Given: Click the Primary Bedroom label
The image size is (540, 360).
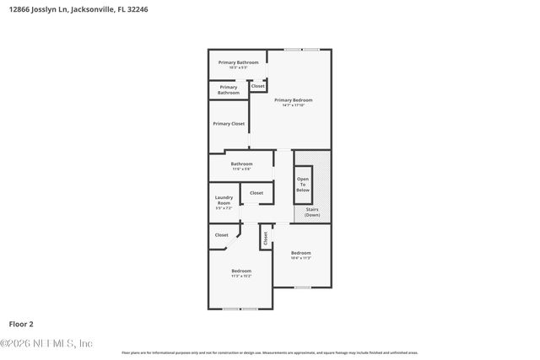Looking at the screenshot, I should [293, 99].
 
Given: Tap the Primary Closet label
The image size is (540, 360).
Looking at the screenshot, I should [229, 124].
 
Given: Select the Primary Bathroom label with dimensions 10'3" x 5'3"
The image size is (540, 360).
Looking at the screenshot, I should [239, 62].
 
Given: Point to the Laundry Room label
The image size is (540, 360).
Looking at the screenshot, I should [224, 200].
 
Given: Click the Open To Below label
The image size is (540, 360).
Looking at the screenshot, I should [302, 185].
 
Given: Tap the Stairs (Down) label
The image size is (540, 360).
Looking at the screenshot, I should [312, 212].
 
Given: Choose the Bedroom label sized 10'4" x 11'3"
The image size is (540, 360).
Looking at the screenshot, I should [301, 253].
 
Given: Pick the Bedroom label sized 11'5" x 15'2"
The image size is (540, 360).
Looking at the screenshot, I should [241, 271].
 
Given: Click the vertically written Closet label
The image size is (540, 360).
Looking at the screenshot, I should [265, 239].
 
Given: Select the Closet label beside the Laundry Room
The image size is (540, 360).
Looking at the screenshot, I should [256, 193].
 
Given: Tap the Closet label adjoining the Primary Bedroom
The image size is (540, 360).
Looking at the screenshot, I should [257, 86].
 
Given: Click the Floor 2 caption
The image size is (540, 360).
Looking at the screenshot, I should [21, 323].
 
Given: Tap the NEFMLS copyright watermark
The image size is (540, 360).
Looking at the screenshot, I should [46, 343].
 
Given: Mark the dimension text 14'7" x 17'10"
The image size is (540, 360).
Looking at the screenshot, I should [293, 105].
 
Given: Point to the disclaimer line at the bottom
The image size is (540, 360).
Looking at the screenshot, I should [270, 352].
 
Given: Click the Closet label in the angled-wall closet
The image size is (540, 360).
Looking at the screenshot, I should [222, 235].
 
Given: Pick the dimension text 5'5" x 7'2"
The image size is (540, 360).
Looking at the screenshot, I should [224, 207].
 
